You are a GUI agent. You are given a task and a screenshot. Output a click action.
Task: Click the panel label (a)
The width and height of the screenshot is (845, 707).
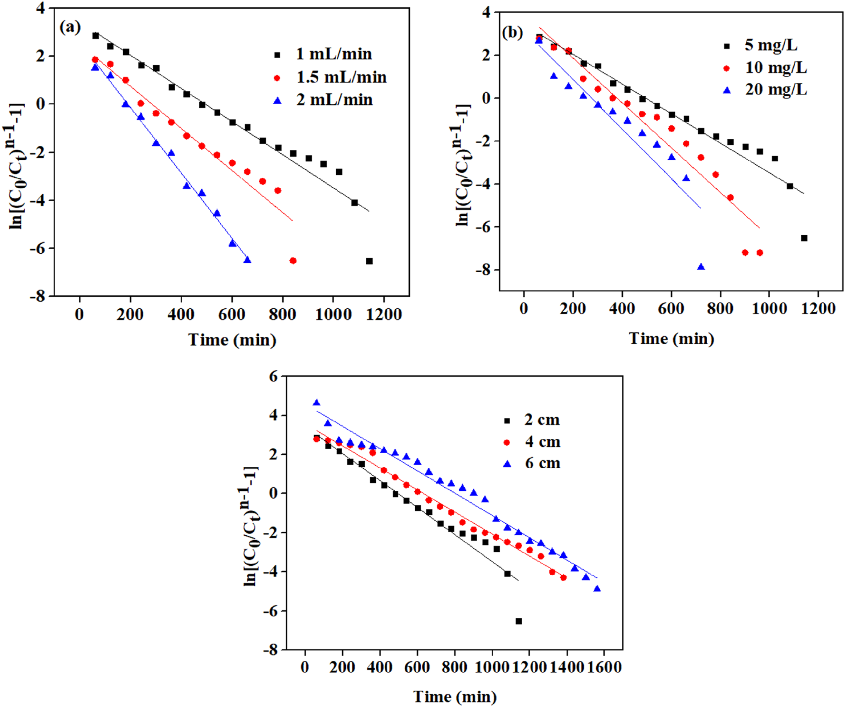coord(70,27)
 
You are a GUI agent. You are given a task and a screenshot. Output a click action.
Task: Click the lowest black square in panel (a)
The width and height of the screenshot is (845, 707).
coord(369,261)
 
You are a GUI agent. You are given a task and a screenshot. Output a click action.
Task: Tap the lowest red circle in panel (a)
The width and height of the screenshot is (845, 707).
coord(293,261)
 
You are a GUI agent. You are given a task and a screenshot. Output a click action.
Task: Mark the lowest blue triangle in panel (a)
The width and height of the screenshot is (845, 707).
coord(247,260)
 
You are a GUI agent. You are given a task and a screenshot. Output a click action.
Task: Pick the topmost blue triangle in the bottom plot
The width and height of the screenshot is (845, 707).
coord(317,403)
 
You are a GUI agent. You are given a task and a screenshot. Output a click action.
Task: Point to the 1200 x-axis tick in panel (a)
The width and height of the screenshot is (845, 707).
coord(384,314)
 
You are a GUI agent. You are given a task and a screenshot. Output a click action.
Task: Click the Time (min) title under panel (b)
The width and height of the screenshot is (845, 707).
coord(672,339)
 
